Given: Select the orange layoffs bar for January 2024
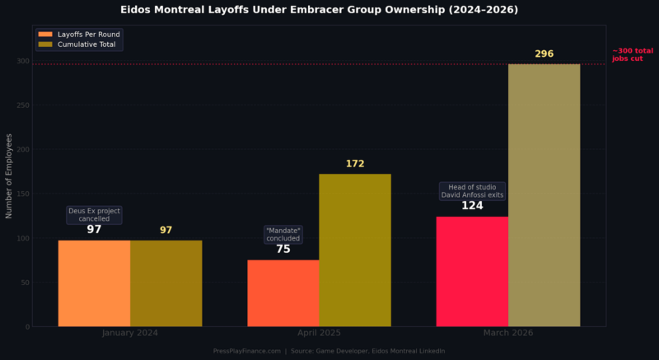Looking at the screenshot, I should [94, 283].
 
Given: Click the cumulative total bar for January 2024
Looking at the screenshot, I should [166, 283].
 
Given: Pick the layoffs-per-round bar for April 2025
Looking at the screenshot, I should [283, 292].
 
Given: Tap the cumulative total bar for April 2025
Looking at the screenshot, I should [354, 250].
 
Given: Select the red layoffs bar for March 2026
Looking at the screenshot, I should [472, 271].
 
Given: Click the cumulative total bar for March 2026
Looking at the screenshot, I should [544, 195].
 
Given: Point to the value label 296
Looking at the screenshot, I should [544, 54].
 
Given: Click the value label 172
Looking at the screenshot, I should [354, 164].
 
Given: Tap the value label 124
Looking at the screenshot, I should [472, 206].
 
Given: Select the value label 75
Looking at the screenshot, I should [283, 249].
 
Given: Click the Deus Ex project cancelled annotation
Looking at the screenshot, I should [94, 214].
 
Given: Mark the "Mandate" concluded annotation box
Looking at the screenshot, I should [283, 234].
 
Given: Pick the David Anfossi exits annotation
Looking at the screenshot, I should [472, 191].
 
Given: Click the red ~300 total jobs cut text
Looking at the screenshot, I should [632, 54].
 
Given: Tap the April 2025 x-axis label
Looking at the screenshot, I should [318, 333].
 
